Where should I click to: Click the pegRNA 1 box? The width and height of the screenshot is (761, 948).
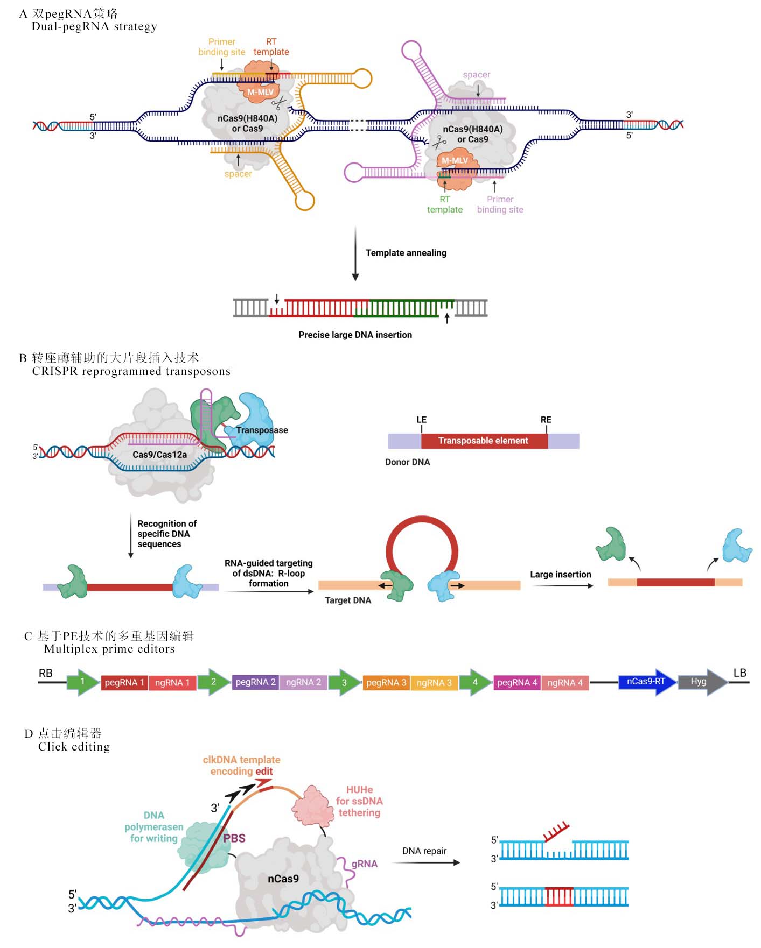(124, 682)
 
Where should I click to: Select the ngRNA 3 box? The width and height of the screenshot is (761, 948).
(434, 682)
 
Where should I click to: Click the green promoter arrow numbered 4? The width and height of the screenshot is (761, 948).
(474, 682)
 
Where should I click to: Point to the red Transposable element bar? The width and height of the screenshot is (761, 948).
(484, 441)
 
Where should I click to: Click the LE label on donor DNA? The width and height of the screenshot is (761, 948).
(421, 420)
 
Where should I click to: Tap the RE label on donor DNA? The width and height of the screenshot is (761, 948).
(546, 420)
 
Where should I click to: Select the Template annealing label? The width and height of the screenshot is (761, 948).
(406, 253)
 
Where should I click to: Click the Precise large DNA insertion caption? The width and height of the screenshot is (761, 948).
(355, 335)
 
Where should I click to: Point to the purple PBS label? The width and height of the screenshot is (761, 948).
(234, 838)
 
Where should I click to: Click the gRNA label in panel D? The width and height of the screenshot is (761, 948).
(365, 864)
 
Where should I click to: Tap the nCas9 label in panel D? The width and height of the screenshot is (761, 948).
(283, 879)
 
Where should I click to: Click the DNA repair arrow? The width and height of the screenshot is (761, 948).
(425, 862)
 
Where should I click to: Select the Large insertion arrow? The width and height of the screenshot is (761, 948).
(561, 585)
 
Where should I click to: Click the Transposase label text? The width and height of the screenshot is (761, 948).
(262, 430)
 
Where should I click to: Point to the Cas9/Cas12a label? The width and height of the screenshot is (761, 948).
(159, 455)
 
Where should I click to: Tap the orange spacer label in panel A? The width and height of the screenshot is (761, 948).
(238, 174)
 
